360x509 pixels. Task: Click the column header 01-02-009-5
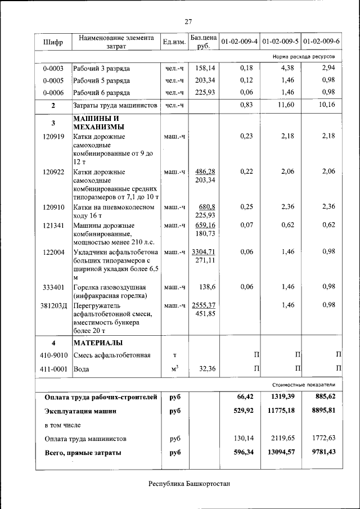280,42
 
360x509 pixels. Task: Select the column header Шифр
53,42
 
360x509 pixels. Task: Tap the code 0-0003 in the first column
53,68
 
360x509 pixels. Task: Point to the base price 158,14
204,68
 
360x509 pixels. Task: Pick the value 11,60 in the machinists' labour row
286,105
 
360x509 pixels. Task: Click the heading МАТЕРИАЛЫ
98,343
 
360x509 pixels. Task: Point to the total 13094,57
278,452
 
